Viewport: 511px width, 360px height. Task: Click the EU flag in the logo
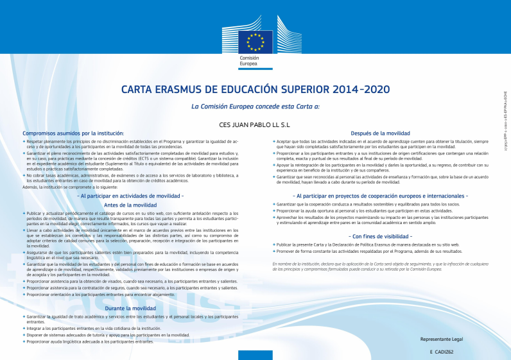[255, 42]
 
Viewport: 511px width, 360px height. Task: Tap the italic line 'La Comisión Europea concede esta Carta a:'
[255, 106]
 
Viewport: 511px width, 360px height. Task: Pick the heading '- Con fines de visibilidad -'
[381, 236]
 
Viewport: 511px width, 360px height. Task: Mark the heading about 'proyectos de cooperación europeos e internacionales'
[381, 195]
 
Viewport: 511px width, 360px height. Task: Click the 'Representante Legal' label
[441, 338]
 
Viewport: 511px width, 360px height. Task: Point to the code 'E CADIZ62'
[442, 352]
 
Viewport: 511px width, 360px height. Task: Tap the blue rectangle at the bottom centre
[255, 355]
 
